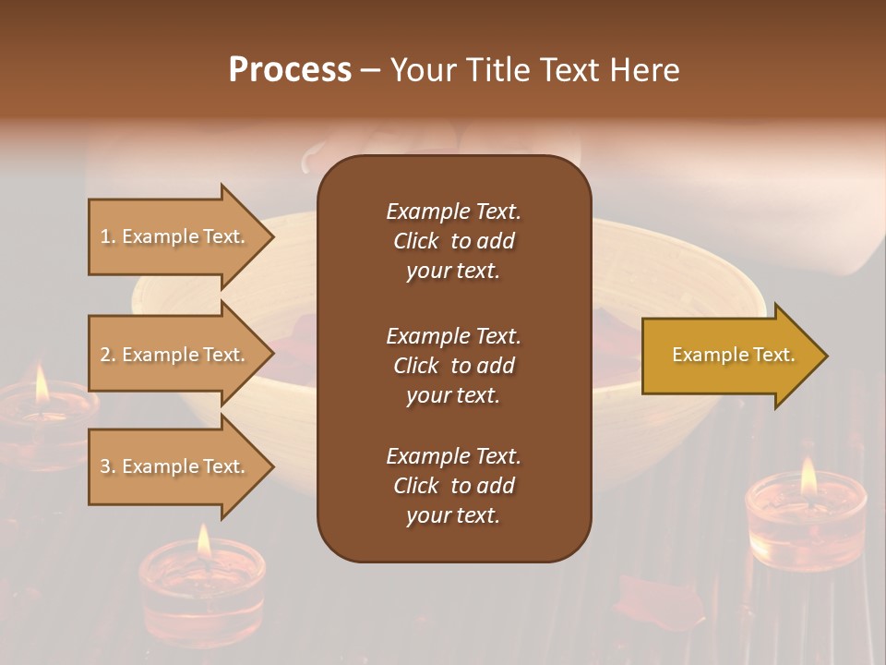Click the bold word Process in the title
click(290, 70)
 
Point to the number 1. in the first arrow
click(108, 236)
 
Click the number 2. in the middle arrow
click(108, 355)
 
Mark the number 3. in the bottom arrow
click(108, 466)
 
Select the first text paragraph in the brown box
click(453, 241)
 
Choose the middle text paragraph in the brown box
click(453, 366)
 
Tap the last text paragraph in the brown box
click(453, 486)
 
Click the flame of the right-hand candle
click(808, 476)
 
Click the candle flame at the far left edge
click(41, 383)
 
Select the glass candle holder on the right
click(805, 522)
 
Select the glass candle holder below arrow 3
click(202, 582)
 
